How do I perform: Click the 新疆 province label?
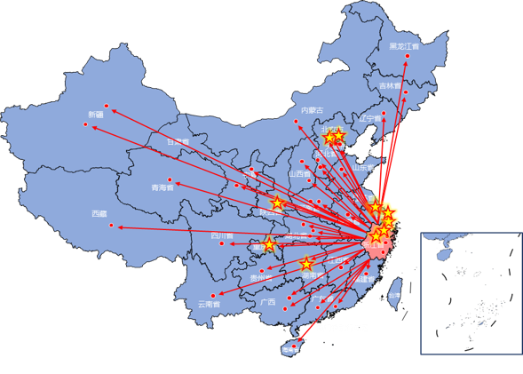click(x=96, y=115)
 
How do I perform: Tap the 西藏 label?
click(x=99, y=214)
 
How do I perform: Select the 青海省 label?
click(x=162, y=188)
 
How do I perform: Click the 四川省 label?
click(x=221, y=236)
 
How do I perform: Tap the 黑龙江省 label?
click(x=405, y=45)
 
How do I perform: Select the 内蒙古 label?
click(x=312, y=110)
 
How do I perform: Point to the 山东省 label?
click(x=360, y=166)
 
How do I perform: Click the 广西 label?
click(x=268, y=302)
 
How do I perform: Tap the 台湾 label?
click(x=394, y=283)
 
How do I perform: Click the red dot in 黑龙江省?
click(x=408, y=57)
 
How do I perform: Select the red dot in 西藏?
click(x=112, y=226)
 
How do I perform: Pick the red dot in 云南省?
click(x=213, y=295)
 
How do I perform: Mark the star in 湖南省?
click(x=306, y=264)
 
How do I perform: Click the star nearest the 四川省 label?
click(x=269, y=244)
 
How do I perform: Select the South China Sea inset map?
click(x=471, y=293)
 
